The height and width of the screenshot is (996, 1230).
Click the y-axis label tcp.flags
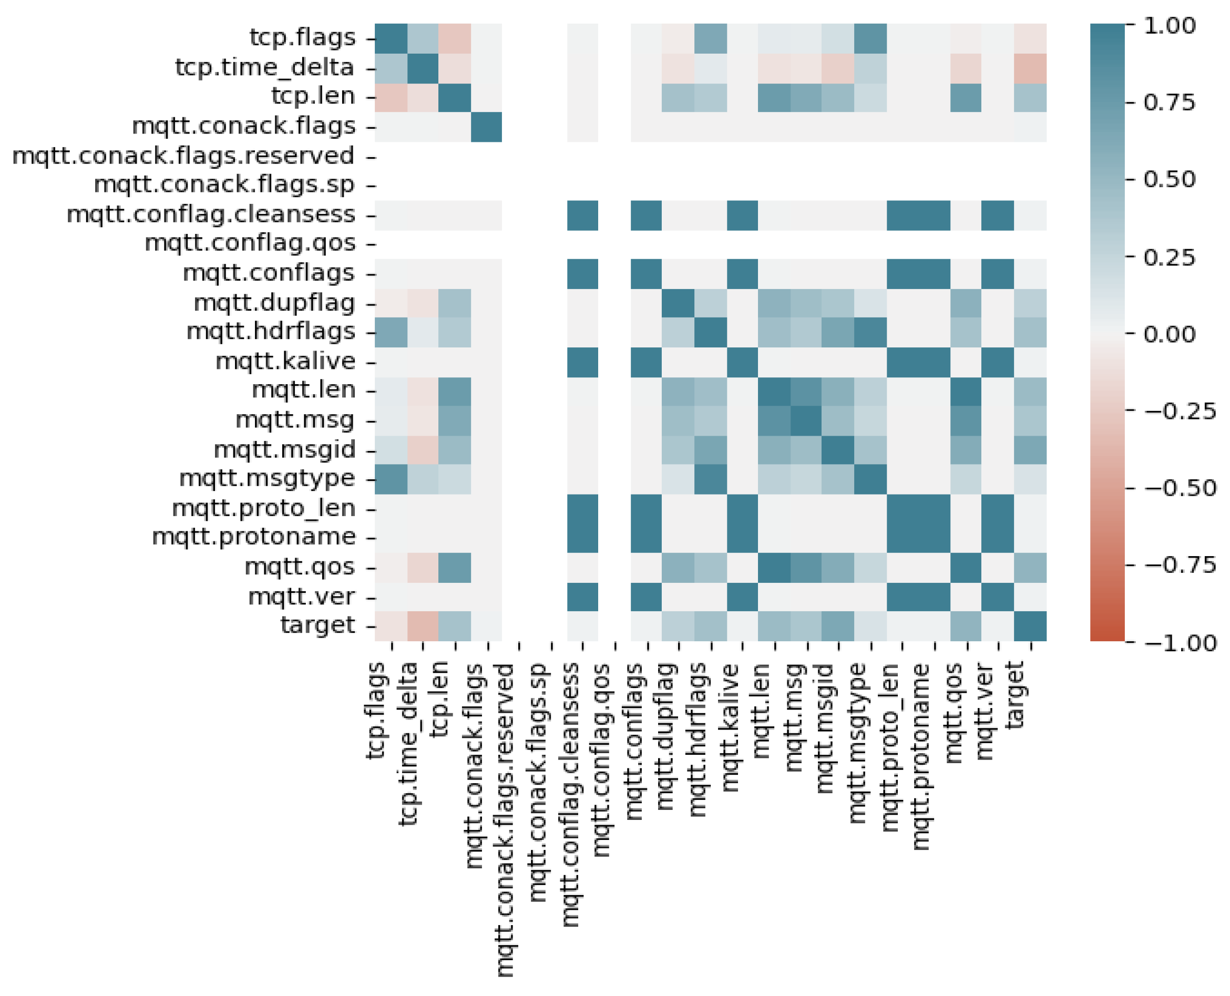click(x=302, y=38)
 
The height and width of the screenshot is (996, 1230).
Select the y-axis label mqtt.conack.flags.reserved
click(x=183, y=156)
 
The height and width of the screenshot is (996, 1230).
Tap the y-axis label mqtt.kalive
click(x=285, y=362)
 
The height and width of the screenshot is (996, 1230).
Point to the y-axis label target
click(x=317, y=625)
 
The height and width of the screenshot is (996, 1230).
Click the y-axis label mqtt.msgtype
click(x=267, y=478)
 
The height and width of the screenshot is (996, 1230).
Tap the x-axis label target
click(x=1015, y=695)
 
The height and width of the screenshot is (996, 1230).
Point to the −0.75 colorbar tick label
click(x=1180, y=565)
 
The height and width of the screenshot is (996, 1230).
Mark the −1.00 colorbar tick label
click(x=1180, y=643)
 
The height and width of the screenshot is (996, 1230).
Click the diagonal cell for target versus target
click(x=1030, y=626)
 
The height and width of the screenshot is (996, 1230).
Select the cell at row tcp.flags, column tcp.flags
click(x=391, y=38)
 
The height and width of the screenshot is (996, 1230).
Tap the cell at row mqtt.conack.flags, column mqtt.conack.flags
click(x=487, y=127)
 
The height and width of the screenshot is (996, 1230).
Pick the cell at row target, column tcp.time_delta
click(x=423, y=626)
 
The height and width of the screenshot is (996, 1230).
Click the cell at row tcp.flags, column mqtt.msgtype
click(x=871, y=38)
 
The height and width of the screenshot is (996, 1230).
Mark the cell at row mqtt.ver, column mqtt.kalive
click(x=742, y=597)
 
